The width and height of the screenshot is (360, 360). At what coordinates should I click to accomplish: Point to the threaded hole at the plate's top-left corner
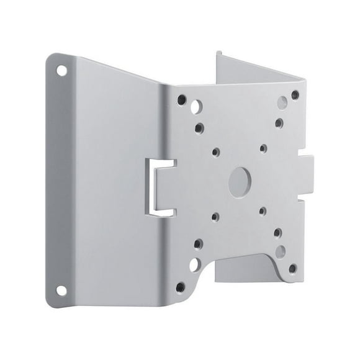pos(182,98)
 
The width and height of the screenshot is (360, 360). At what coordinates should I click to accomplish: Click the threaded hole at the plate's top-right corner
pos(295,95)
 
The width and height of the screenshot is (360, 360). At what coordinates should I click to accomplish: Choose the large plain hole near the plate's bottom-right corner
pos(281,251)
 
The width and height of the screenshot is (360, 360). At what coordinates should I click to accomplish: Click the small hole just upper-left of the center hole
pos(215,150)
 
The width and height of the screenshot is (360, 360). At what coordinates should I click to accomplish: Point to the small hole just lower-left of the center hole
pos(215,216)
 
